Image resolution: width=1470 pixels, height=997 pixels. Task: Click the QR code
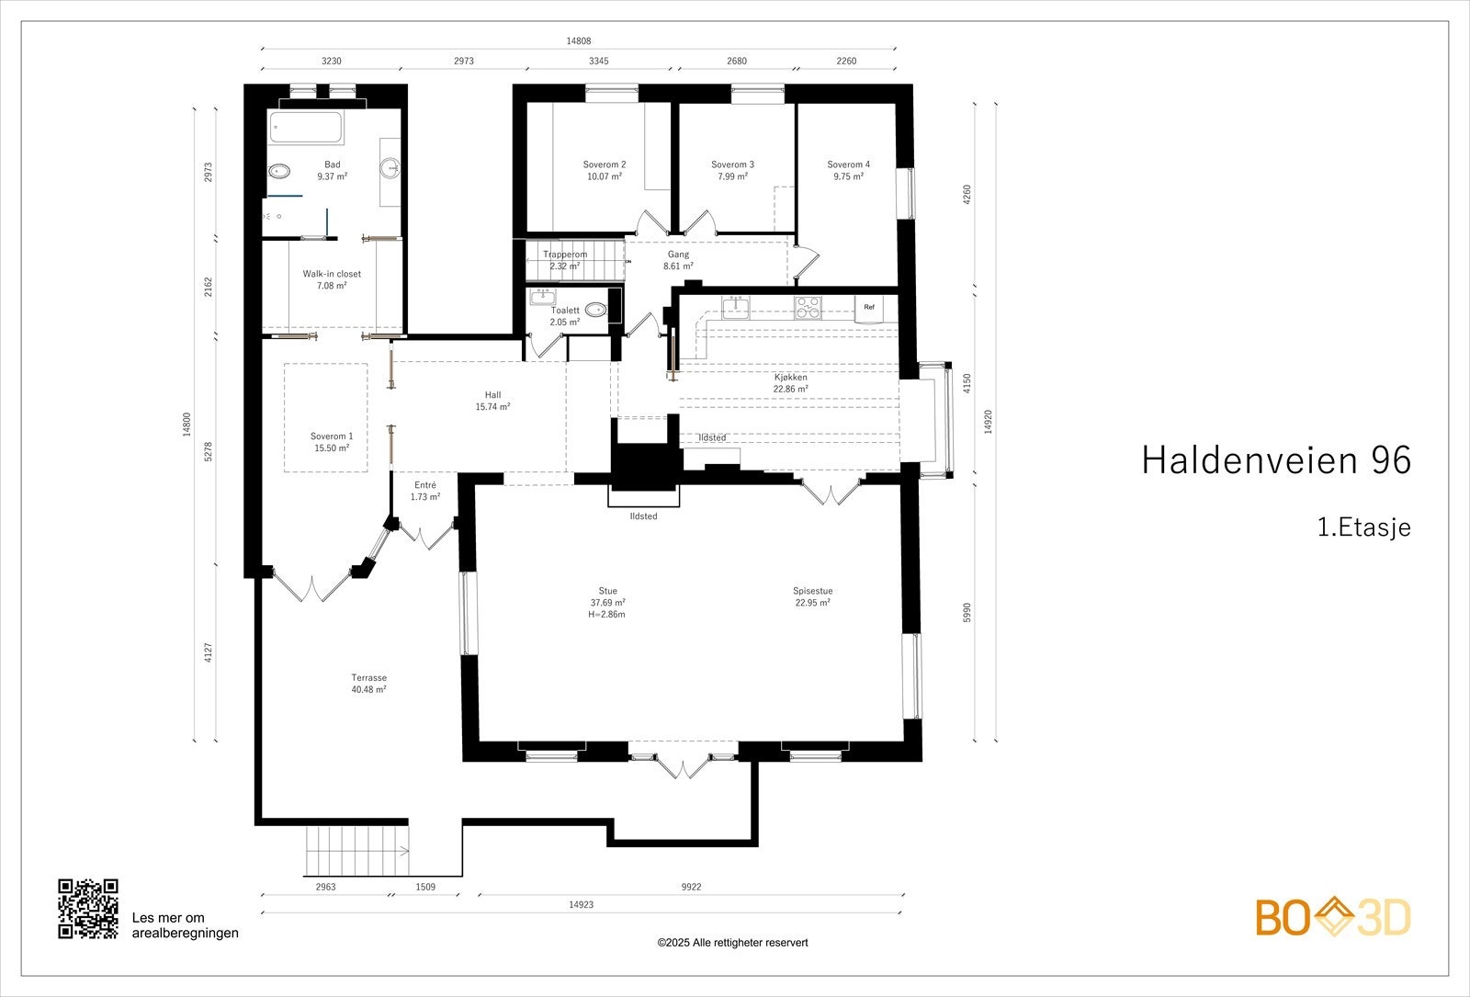tap(88, 909)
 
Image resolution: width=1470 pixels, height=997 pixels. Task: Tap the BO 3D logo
tap(1333, 917)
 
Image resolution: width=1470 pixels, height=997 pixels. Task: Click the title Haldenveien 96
tap(1275, 460)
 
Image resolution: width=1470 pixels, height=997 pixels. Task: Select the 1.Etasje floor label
tap(1363, 527)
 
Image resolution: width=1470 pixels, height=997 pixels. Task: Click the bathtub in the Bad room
tap(306, 127)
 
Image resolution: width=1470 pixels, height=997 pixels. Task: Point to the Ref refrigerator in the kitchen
tap(868, 308)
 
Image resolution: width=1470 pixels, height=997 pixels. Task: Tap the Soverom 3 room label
tap(732, 170)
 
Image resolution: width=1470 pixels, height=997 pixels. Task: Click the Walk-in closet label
tap(332, 279)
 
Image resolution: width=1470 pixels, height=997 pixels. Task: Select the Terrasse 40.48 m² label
tap(368, 684)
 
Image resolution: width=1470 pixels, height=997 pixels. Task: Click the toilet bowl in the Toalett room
tap(595, 310)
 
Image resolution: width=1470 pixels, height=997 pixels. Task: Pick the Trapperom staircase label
tap(564, 260)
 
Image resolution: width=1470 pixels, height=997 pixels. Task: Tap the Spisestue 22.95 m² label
tap(812, 597)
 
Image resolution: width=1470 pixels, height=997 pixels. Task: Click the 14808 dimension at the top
tap(578, 41)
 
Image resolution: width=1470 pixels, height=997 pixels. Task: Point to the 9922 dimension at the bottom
tap(691, 888)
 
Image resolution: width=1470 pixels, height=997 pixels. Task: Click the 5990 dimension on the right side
tap(967, 613)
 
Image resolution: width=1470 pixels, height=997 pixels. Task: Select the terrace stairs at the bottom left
tap(356, 850)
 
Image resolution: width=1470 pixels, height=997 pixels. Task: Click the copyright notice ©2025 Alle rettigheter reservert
tap(732, 943)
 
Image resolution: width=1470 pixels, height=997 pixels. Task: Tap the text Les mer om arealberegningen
tap(185, 925)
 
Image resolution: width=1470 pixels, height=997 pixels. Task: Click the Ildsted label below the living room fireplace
tap(643, 516)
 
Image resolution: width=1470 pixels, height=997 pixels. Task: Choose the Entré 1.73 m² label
tap(424, 491)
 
